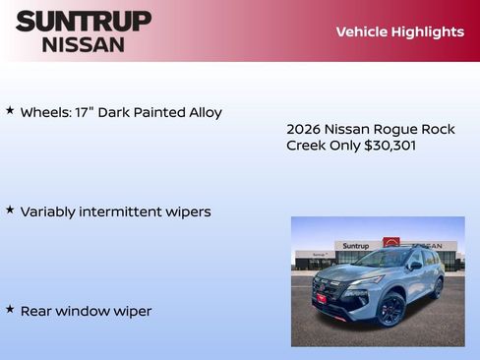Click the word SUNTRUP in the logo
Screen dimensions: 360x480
(x=84, y=21)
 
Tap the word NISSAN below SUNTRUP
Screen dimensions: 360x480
(x=84, y=44)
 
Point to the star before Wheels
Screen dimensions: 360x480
(x=10, y=111)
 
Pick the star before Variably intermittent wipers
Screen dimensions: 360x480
(x=10, y=210)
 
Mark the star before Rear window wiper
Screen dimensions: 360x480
(x=10, y=309)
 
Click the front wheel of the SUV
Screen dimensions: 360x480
(x=390, y=310)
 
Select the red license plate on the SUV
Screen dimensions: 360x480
(x=320, y=295)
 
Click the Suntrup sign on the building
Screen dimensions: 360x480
(x=355, y=245)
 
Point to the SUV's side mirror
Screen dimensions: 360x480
(x=416, y=266)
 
